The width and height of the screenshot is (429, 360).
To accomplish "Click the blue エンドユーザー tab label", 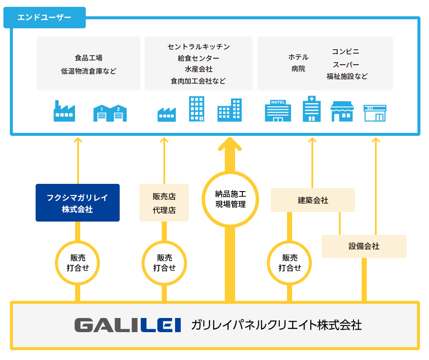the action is pyautogui.click(x=44, y=18).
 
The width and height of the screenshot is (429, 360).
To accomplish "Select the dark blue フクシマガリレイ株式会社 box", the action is pyautogui.click(x=78, y=203).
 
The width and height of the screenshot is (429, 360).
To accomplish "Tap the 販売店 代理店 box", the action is pyautogui.click(x=164, y=203).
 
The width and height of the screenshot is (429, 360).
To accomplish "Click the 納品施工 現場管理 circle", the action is pyautogui.click(x=230, y=199).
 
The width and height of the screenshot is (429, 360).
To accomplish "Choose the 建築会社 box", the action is pyautogui.click(x=313, y=200).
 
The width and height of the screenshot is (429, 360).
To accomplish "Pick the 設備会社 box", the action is pyautogui.click(x=364, y=246).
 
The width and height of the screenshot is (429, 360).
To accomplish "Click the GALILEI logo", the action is pyautogui.click(x=128, y=325).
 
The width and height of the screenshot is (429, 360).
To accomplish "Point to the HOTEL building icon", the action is pyautogui.click(x=278, y=111).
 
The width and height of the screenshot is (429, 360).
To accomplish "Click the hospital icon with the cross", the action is pyautogui.click(x=311, y=109).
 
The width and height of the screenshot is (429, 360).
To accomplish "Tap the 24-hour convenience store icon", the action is pyautogui.click(x=375, y=113).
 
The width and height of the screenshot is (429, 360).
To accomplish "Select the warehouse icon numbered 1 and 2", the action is pyautogui.click(x=110, y=113).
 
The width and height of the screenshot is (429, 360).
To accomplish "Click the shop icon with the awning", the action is pyautogui.click(x=342, y=111).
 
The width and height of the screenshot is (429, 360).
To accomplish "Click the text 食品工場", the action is pyautogui.click(x=89, y=58).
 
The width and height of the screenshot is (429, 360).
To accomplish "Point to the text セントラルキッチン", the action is pyautogui.click(x=199, y=47).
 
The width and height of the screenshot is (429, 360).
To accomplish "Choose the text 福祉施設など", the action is pyautogui.click(x=347, y=76).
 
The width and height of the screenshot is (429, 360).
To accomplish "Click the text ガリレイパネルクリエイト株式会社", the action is pyautogui.click(x=276, y=325).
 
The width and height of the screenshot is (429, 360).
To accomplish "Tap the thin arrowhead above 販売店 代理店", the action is pyautogui.click(x=164, y=140).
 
